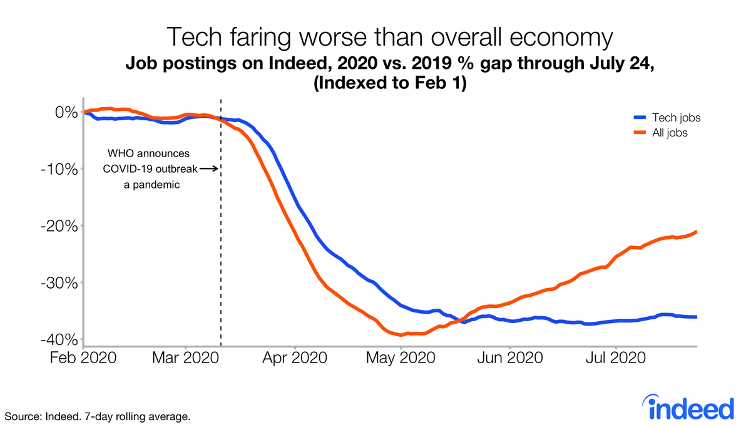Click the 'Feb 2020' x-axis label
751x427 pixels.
coord(83,359)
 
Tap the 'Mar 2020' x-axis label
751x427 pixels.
coord(186,359)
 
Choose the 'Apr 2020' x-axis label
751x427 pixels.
coord(295,359)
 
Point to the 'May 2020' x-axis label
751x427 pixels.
coord(401,359)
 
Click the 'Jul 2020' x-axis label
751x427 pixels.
coord(616,359)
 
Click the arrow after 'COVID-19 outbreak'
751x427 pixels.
coord(209,168)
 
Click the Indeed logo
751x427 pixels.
coord(690,408)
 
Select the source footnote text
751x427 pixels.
coord(98,416)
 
